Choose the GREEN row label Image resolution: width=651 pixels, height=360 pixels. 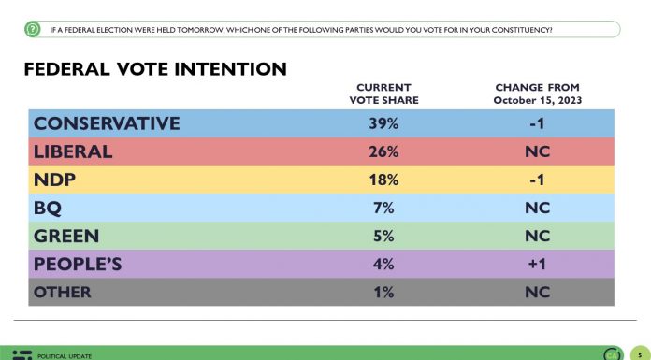[65, 236]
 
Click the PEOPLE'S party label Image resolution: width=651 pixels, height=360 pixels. [80, 264]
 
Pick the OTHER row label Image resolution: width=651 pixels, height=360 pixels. [62, 292]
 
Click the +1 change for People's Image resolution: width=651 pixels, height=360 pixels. [537, 264]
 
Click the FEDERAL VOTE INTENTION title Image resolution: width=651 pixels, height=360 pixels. [154, 70]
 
